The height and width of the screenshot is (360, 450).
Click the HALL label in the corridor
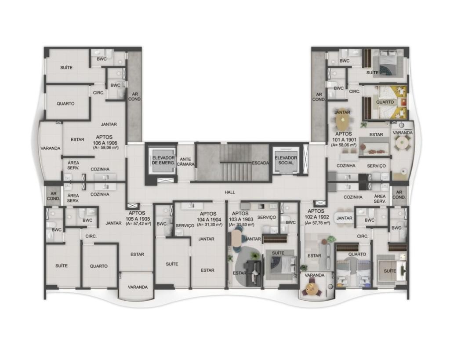230,192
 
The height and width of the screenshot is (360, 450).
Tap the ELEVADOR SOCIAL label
286,160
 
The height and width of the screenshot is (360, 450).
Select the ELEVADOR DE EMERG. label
163,160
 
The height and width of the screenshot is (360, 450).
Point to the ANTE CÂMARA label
186,162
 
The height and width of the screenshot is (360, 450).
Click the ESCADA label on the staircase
261,163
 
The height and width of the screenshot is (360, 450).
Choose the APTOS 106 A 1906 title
105,140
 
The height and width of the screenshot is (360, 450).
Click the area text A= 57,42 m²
138,223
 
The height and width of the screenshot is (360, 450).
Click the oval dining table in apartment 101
343,122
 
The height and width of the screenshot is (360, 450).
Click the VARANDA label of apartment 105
138,287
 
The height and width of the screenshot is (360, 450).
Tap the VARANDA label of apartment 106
51,148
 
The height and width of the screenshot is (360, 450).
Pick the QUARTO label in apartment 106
65,104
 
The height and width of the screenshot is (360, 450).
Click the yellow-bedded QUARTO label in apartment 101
385,102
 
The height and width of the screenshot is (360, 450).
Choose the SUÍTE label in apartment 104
172,264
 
